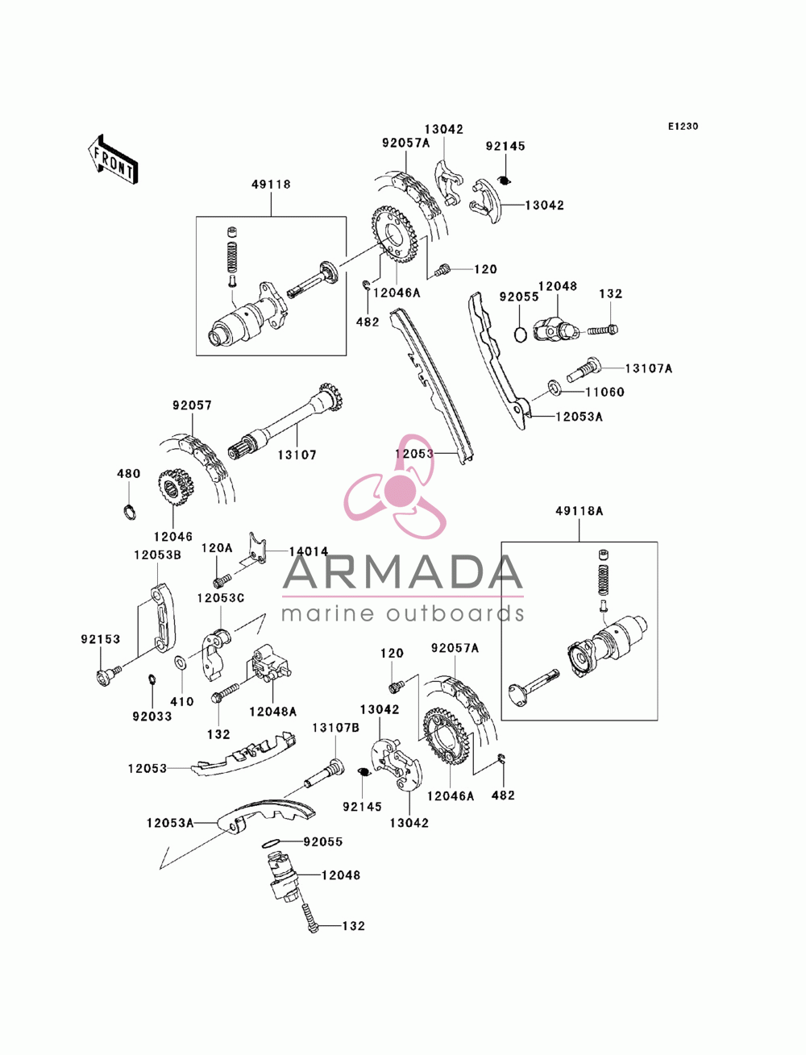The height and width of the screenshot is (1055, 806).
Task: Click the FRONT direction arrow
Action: coord(113,159)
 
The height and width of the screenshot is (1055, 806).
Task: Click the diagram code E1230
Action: coord(683,127)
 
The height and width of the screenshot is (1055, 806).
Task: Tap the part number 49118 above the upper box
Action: coord(271,184)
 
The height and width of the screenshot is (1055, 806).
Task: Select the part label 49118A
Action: coord(580,511)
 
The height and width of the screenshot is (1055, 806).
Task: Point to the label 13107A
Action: coord(648,368)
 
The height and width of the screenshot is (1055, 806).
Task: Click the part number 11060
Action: coord(604,393)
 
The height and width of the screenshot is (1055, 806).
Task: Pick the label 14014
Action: coord(309,552)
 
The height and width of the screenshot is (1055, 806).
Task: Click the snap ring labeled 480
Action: coord(129,512)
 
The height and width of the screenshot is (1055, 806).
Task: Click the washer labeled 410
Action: coord(181,662)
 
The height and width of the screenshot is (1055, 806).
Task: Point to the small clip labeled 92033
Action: coord(152,679)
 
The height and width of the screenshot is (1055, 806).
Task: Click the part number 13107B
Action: coord(335,728)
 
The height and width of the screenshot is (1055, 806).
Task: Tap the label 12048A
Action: coord(272,712)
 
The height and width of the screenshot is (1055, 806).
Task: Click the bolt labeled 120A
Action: coord(222,582)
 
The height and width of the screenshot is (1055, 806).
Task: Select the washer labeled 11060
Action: coord(555,388)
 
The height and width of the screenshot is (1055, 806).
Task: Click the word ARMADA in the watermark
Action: coord(402,572)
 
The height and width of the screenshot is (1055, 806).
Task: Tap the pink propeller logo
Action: coord(395,487)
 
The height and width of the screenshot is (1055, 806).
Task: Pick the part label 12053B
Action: coord(157,555)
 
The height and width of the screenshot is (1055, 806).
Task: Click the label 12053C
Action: coord(221,598)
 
